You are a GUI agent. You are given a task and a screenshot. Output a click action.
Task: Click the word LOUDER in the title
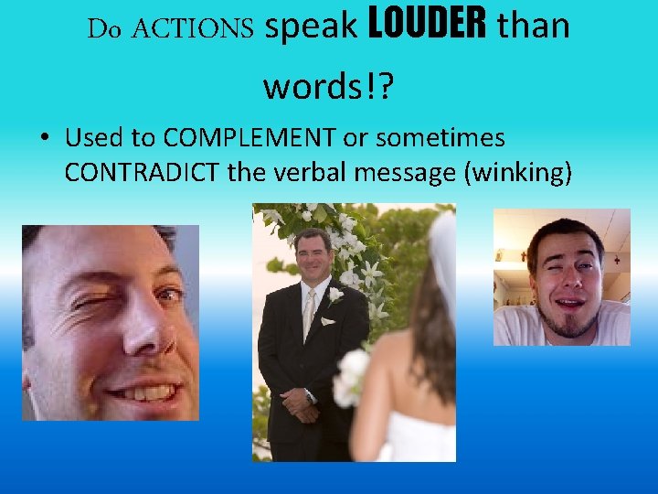click(427, 27)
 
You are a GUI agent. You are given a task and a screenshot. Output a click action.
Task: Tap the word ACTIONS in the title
click(193, 29)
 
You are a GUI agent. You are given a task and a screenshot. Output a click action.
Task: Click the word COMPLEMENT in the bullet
click(249, 138)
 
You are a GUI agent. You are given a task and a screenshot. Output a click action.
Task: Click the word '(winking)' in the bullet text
click(518, 171)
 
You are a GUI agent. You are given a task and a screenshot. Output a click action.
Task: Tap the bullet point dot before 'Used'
click(44, 139)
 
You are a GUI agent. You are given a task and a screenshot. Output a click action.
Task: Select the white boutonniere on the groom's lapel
click(334, 295)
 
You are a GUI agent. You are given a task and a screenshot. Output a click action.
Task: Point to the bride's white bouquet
click(353, 378)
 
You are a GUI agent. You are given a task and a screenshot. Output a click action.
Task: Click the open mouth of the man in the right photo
click(568, 303)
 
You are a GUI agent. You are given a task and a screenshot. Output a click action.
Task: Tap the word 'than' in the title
click(533, 27)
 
